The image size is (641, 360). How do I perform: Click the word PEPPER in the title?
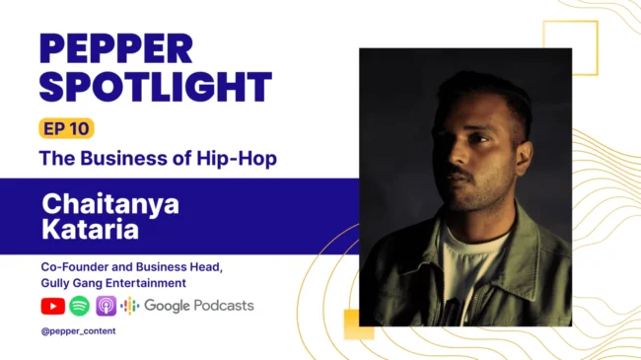tap(116, 48)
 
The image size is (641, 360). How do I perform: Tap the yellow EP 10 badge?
tap(66, 129)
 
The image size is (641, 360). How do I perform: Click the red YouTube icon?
tap(52, 306)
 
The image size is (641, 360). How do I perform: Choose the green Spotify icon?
tap(80, 306)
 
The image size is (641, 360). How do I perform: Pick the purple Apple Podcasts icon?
tap(107, 306)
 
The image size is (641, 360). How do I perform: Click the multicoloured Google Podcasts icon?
tap(130, 306)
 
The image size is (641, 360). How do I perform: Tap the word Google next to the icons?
tap(167, 306)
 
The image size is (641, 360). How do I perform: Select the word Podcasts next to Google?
tap(224, 306)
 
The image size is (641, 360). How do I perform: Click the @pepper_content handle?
tap(78, 330)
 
